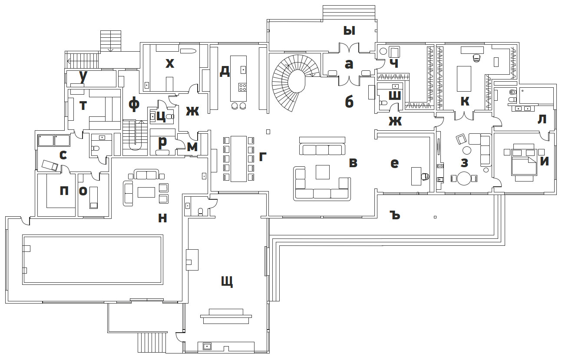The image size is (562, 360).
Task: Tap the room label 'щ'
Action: click(227, 282)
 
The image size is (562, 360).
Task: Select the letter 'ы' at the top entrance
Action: click(349, 30)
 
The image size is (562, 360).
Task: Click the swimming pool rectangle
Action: click(93, 259)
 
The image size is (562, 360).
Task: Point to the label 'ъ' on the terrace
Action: click(394, 215)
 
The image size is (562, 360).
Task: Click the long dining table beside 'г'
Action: click(238, 159)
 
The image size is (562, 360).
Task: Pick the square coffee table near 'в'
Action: click(322, 172)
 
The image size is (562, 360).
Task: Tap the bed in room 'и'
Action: click(524, 166)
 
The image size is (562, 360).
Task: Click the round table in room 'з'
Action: click(464, 178)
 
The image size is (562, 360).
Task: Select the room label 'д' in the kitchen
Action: click(225, 71)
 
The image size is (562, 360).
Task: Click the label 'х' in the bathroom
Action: click(170, 64)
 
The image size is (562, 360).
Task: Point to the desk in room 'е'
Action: click(417, 176)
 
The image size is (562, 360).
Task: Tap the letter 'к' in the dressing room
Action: click(465, 101)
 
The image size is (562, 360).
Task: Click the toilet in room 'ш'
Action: click(383, 103)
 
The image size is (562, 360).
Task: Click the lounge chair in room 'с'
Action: click(50, 165)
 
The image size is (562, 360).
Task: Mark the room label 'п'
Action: click(64, 190)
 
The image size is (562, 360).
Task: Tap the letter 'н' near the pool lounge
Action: click(162, 218)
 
